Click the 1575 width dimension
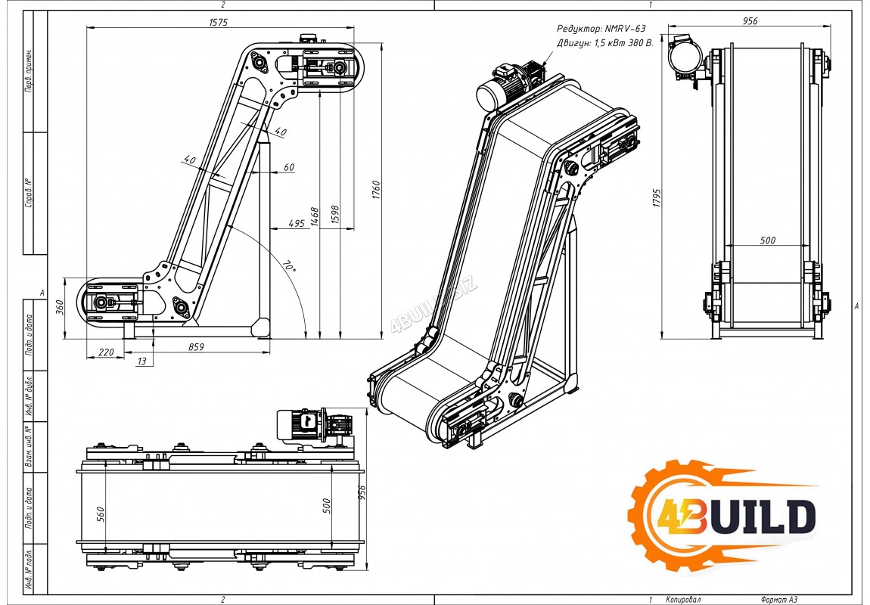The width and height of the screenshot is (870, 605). tap(218, 23)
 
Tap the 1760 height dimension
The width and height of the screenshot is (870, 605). tap(376, 190)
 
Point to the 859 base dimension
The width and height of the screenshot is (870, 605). tap(197, 347)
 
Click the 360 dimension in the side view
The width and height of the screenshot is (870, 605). tap(60, 307)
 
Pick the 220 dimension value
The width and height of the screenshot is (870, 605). tap(105, 352)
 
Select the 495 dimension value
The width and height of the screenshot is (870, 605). tap(297, 224)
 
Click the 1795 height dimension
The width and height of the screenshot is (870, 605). tap(657, 198)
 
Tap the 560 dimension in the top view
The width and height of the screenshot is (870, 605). tap(101, 514)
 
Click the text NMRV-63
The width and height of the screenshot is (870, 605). tap(626, 28)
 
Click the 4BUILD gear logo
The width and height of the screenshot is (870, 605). tap(721, 516)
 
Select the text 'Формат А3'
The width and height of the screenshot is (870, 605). tap(778, 600)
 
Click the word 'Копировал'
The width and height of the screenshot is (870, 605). tap(683, 600)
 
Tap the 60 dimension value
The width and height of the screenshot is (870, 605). tap(289, 167)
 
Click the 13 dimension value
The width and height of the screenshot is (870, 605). tap(142, 361)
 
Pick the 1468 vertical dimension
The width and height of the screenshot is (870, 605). tap(315, 217)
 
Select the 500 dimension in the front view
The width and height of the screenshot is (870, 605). tap(767, 240)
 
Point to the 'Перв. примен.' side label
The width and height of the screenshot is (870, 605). tap(29, 71)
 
